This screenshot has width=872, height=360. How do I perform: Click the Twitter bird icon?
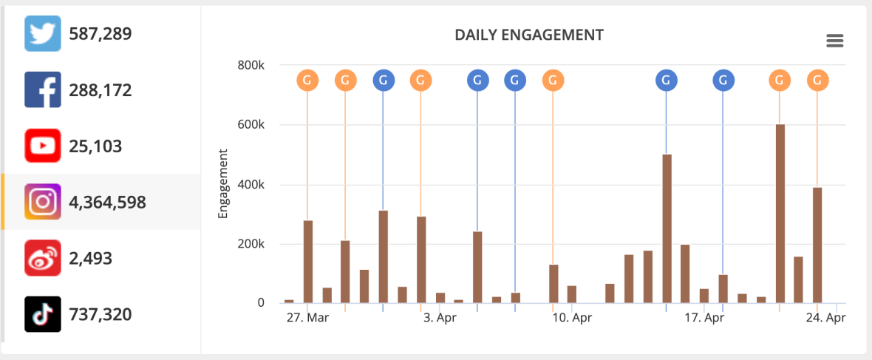43,34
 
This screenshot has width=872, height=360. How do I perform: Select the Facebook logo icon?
43,90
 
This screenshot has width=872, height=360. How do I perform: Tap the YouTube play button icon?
43,146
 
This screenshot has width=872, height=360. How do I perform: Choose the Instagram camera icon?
43,202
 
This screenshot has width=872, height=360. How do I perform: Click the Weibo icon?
43,258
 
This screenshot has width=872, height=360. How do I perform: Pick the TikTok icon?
43,314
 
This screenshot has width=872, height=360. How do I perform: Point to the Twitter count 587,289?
100,34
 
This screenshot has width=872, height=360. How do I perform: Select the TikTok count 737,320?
100,315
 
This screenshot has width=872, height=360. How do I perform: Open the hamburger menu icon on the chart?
834,41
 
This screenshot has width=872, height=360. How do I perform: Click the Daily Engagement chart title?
529,35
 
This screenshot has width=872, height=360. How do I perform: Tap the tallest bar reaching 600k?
780,214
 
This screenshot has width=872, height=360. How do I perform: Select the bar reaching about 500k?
667,228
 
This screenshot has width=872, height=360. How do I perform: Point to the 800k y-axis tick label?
251,65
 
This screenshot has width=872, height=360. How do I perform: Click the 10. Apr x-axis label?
572,319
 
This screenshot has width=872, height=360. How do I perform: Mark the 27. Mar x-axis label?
307,319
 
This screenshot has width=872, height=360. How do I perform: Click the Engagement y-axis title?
222,184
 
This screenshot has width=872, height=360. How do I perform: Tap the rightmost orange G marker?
817,80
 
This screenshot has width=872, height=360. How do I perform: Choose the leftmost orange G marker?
307,80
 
